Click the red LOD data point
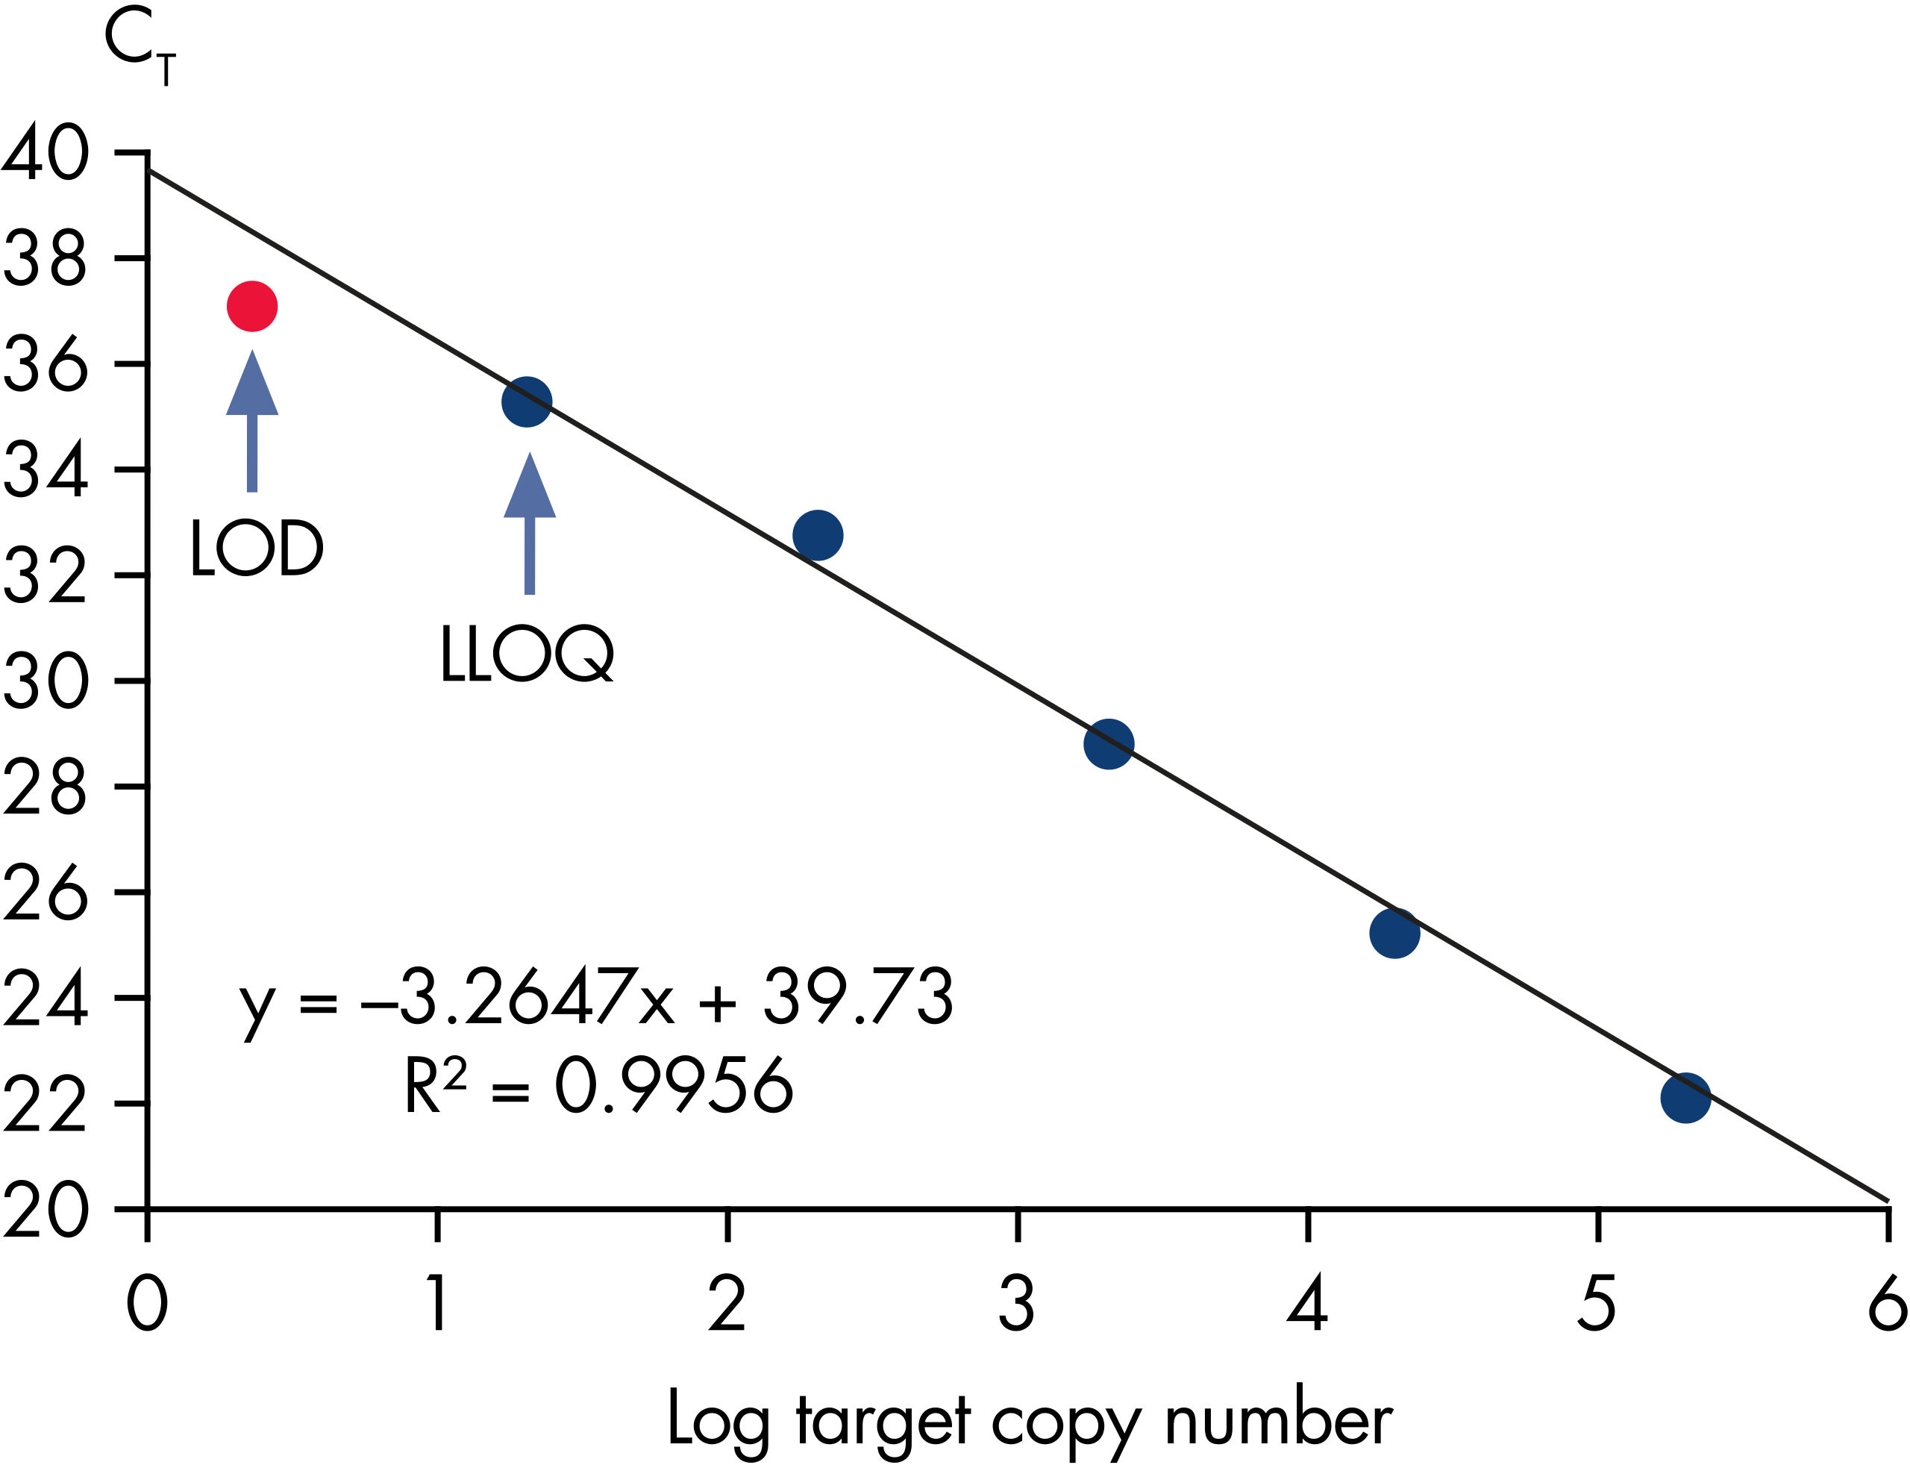pyautogui.click(x=252, y=306)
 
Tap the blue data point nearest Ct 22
pyautogui.click(x=1685, y=1097)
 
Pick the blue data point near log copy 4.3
pyautogui.click(x=1394, y=933)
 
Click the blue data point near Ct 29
pyautogui.click(x=1109, y=744)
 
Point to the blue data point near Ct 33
pyautogui.click(x=818, y=535)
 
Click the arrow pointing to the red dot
pyautogui.click(x=252, y=420)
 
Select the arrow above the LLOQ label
pyautogui.click(x=529, y=523)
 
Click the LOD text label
pyautogui.click(x=257, y=549)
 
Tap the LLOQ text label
pyautogui.click(x=527, y=654)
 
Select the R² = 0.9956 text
pyautogui.click(x=598, y=1087)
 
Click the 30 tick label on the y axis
pyautogui.click(x=46, y=681)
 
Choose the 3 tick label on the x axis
pyautogui.click(x=1016, y=1304)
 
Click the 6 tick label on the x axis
pyautogui.click(x=1886, y=1304)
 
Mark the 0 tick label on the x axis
pyautogui.click(x=147, y=1304)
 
